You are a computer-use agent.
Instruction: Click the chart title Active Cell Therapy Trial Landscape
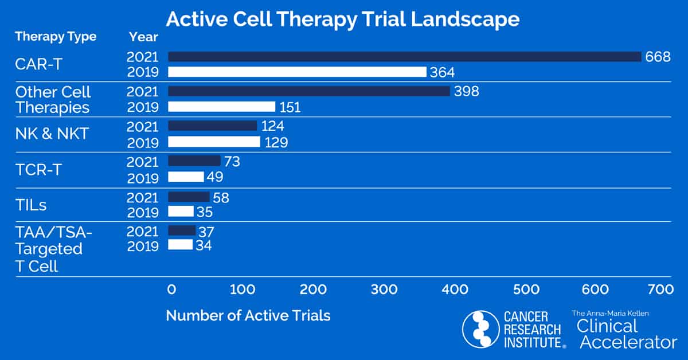[343, 19]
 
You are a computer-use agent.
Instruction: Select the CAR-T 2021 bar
[404, 56]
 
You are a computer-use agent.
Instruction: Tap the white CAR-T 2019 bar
[297, 72]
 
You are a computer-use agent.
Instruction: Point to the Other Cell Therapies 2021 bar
[309, 91]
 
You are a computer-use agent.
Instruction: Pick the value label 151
[290, 107]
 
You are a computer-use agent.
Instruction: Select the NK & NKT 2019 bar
[214, 142]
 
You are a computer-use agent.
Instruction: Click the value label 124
[273, 126]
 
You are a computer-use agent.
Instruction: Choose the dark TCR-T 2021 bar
[194, 161]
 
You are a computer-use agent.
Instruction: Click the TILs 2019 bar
[181, 212]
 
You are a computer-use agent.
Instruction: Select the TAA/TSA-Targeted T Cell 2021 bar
[182, 230]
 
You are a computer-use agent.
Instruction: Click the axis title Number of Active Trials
[248, 315]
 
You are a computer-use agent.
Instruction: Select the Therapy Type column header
[56, 37]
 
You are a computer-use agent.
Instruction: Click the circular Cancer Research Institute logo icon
[480, 329]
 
